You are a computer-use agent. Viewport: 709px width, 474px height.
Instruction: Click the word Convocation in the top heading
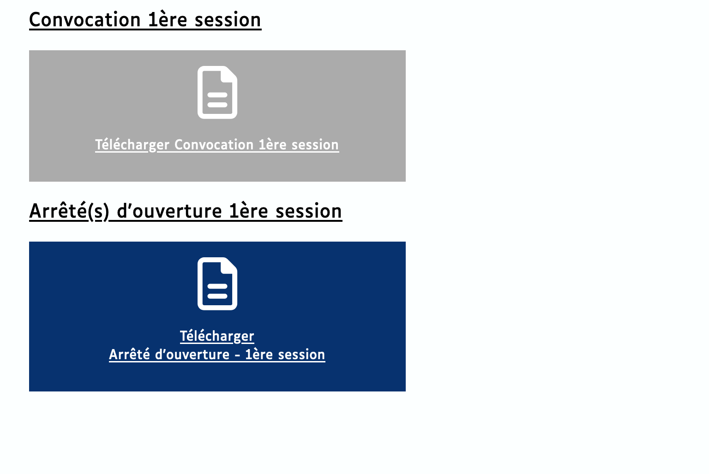pos(85,20)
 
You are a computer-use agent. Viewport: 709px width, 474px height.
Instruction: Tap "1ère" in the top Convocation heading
pos(168,20)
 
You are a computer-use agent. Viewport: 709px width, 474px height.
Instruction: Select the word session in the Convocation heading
pos(228,20)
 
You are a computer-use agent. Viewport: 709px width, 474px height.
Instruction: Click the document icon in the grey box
pos(217,92)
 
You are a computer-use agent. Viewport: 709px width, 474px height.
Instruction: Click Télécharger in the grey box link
pos(132,145)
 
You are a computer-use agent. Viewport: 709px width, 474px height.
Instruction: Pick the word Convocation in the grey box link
pos(214,145)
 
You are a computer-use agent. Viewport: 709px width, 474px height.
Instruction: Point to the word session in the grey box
pos(315,145)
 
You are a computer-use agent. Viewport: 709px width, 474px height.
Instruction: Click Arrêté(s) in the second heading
pos(69,211)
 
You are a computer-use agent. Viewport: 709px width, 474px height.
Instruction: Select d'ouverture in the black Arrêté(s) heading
pos(169,211)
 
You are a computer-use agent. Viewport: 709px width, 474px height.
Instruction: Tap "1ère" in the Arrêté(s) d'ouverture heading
pos(249,211)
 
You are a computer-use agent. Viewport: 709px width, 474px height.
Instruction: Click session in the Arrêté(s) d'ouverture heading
pos(309,212)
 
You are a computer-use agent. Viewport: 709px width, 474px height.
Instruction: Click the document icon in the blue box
pos(217,284)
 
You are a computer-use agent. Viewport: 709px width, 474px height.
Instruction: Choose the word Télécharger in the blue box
pos(217,336)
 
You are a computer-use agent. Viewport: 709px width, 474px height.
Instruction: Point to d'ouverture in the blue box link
pos(192,355)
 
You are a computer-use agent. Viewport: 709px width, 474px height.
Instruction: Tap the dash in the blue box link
pos(237,355)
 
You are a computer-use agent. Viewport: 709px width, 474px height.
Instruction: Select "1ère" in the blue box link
pos(259,355)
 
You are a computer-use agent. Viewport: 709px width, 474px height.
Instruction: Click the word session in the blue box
pos(301,355)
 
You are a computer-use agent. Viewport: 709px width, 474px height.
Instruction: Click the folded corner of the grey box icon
pos(229,75)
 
